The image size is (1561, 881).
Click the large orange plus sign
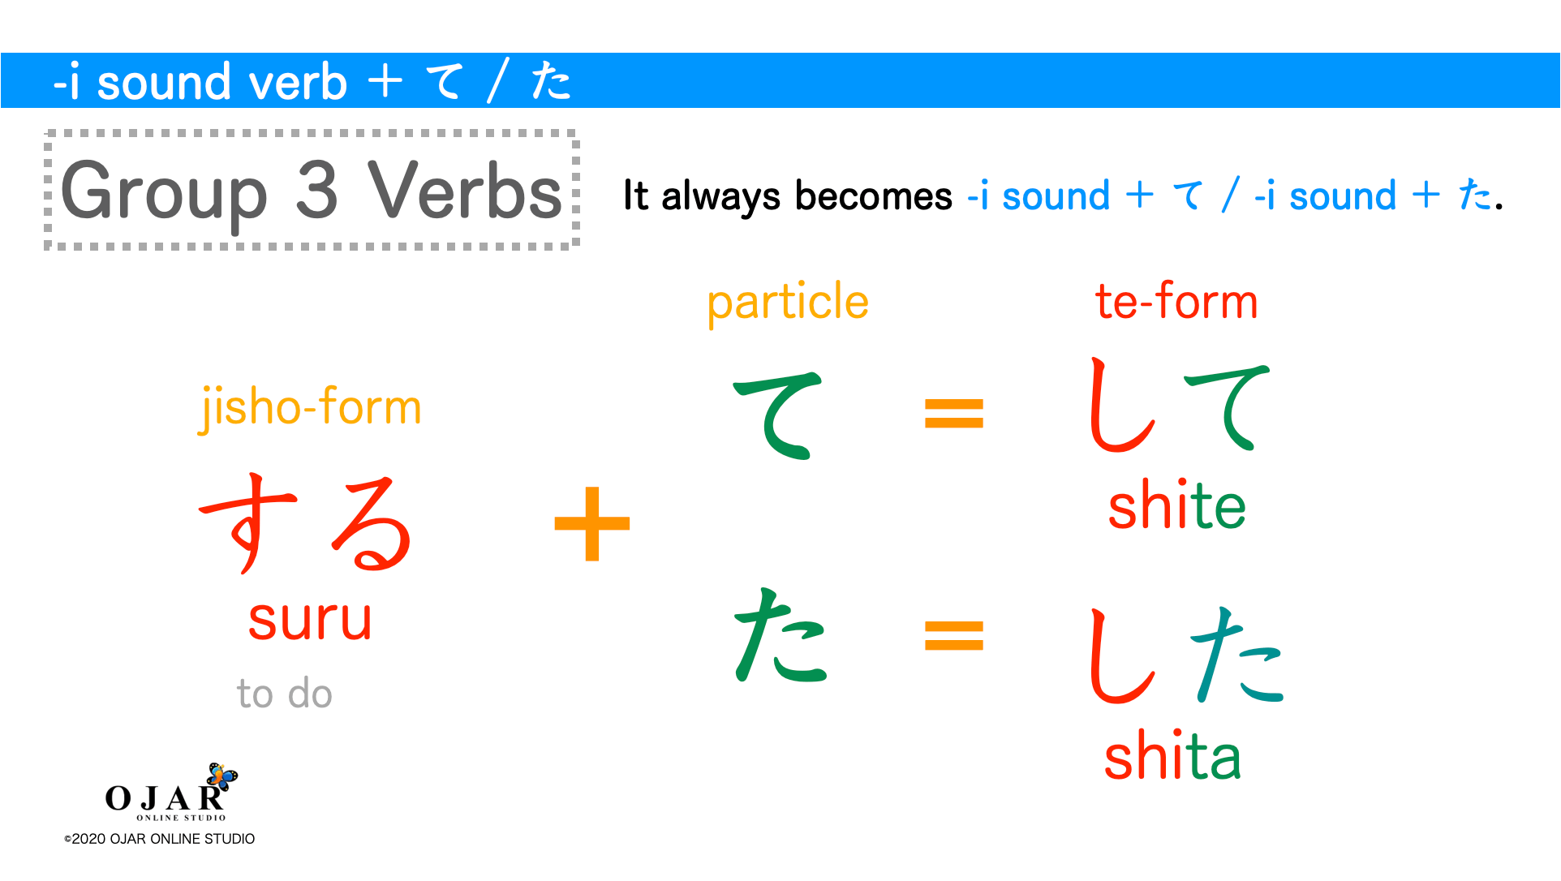592,523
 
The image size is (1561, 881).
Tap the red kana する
306,523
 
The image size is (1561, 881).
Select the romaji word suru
310,620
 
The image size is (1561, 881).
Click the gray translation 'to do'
284,694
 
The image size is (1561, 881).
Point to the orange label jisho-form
310,407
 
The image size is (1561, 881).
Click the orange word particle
787,303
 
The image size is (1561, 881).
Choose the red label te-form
1176,302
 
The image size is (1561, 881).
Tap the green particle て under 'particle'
777,414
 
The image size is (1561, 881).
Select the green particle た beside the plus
779,636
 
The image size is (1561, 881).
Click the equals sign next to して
954,413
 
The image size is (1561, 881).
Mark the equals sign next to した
954,635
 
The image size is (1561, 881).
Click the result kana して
1178,406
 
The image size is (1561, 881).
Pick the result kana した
1185,655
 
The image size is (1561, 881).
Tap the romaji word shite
1176,506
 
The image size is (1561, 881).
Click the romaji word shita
1172,757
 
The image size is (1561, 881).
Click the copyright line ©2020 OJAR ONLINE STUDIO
160,839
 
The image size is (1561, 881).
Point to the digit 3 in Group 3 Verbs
316,191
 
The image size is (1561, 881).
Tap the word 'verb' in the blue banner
298,83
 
